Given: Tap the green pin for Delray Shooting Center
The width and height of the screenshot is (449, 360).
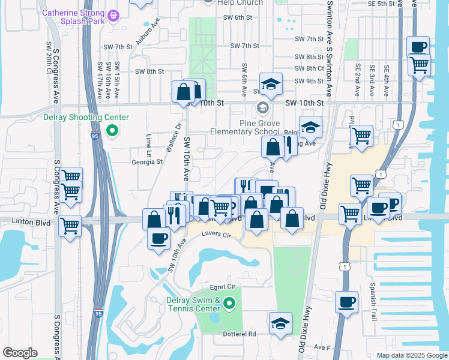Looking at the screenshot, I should click(x=111, y=130).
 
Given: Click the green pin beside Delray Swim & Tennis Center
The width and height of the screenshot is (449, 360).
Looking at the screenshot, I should click(x=229, y=305).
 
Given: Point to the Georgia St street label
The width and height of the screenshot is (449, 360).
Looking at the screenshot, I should click(x=147, y=161).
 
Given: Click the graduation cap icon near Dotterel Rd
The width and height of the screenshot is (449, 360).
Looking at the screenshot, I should click(x=280, y=323).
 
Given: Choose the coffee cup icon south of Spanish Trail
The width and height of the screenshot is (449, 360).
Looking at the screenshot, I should click(x=346, y=302).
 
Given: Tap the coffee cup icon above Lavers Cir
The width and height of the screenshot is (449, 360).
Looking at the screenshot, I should click(x=159, y=237).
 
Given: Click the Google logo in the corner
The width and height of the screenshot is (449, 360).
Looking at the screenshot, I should click(x=20, y=353).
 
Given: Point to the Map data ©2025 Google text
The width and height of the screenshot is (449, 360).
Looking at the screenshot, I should click(x=411, y=355).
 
